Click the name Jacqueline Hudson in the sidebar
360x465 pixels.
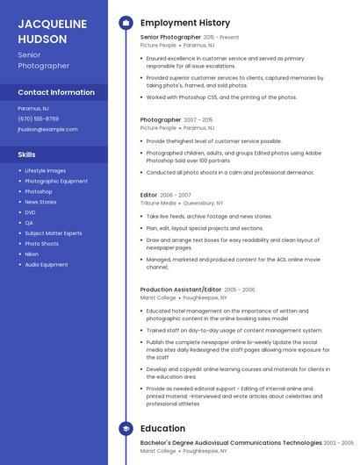53,31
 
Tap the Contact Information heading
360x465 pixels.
56,92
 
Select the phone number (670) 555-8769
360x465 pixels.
38,118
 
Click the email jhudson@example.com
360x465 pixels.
47,129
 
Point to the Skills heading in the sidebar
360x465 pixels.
26,154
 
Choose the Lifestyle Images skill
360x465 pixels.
45,170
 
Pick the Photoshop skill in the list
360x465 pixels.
38,191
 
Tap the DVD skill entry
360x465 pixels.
30,212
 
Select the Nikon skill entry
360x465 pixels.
32,254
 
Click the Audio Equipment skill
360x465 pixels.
46,264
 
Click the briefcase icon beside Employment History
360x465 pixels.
126,23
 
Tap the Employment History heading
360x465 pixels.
184,23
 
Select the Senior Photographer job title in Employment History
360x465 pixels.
170,38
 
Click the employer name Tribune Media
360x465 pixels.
158,203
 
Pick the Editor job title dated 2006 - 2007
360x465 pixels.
148,195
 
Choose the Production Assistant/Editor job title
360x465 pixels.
181,290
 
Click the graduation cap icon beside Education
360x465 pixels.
126,429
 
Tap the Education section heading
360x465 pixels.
162,429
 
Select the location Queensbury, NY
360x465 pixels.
203,203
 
